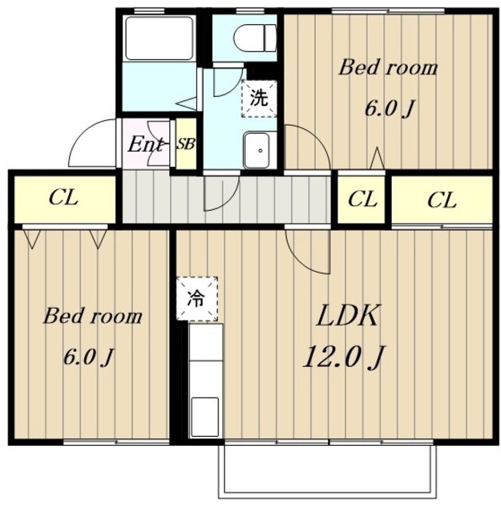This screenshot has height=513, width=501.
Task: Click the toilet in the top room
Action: [254, 38]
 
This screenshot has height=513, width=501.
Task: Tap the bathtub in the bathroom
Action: [159, 38]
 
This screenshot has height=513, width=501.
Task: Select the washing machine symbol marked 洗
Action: [259, 98]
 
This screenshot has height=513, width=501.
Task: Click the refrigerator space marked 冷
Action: [197, 298]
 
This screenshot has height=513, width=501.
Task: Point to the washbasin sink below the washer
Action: [257, 150]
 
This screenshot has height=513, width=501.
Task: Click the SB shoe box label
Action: [186, 144]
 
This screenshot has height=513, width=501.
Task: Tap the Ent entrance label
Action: [145, 144]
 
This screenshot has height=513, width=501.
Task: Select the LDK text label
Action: [348, 316]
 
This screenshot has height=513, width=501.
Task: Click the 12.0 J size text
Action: [344, 357]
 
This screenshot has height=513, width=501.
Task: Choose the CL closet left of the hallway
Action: [64, 199]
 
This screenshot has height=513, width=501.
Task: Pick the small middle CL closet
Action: [362, 200]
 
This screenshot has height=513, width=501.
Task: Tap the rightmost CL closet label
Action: [442, 200]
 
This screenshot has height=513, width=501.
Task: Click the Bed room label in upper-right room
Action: [388, 67]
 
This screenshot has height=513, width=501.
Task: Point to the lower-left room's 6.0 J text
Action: [88, 357]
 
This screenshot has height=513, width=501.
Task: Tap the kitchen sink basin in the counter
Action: [205, 417]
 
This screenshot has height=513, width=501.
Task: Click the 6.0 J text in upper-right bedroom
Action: [390, 109]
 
